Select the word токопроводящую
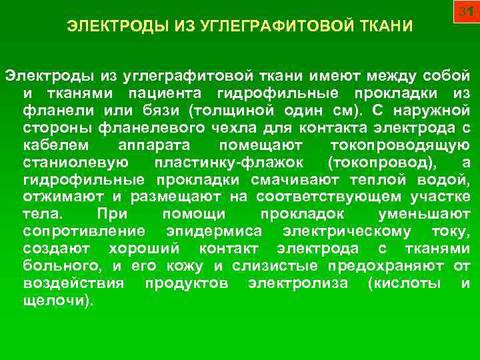[400, 144]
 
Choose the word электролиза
[297, 283]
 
